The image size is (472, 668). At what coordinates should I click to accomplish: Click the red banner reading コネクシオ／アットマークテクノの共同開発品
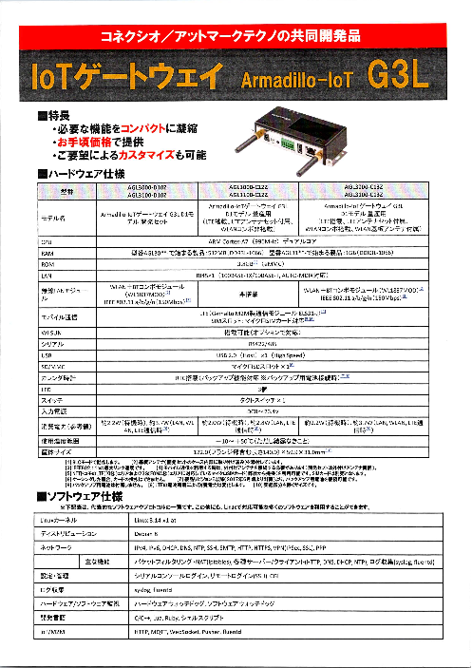click(x=236, y=39)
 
